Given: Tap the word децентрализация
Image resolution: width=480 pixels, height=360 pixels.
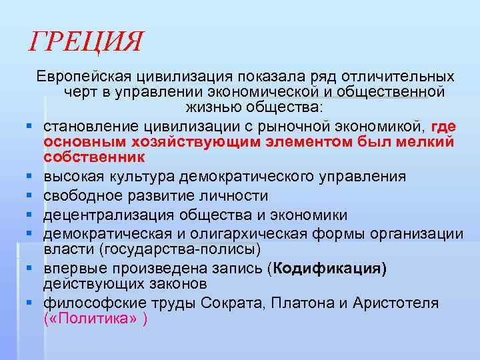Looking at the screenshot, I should click(x=107, y=215).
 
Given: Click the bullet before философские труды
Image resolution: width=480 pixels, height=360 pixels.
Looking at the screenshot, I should click(x=31, y=303).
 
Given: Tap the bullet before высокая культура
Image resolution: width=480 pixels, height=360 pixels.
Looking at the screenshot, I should click(x=31, y=177).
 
